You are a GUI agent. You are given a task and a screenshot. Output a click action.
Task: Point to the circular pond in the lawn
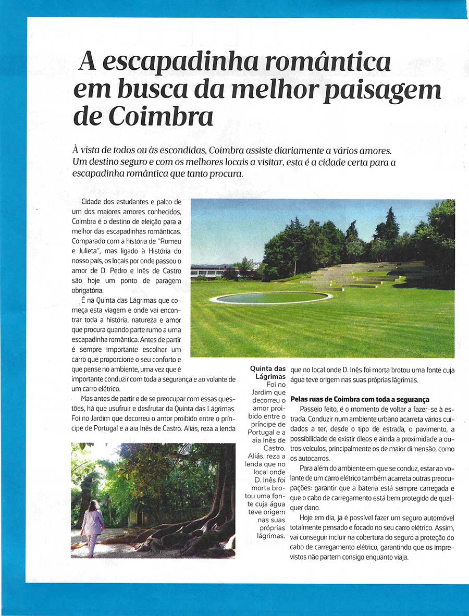click(x=271, y=298)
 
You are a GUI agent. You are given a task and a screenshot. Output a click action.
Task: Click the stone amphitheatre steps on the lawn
click(x=360, y=275)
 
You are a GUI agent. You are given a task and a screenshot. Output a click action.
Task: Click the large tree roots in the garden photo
click(x=188, y=532)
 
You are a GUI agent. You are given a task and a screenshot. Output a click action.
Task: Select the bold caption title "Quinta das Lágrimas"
click(x=268, y=372)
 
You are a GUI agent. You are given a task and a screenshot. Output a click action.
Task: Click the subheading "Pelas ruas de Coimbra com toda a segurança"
click(x=360, y=399)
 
